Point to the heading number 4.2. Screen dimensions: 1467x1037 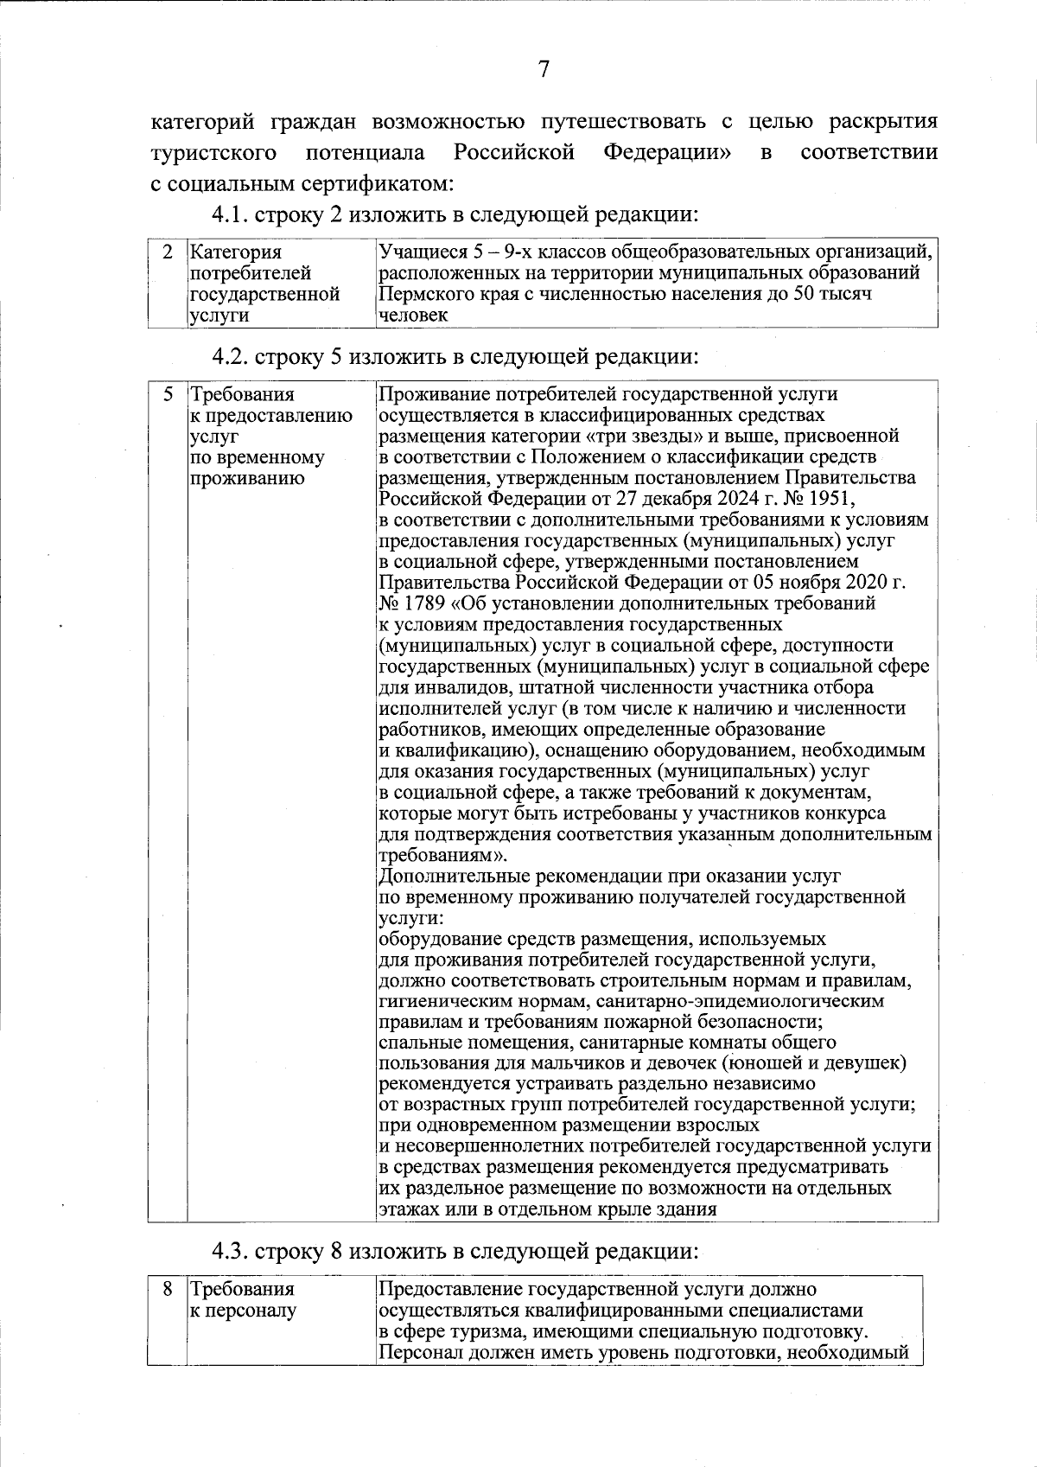(x=232, y=356)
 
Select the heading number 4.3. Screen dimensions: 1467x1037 (x=232, y=1251)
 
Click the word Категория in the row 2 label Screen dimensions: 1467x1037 (x=235, y=252)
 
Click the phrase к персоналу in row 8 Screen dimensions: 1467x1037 (x=243, y=1311)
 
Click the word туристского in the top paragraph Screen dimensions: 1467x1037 (x=213, y=153)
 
